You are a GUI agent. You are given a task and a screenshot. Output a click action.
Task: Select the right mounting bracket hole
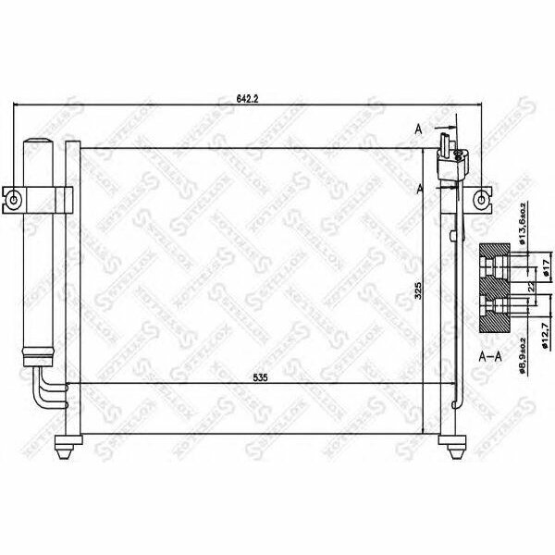(482, 199)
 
